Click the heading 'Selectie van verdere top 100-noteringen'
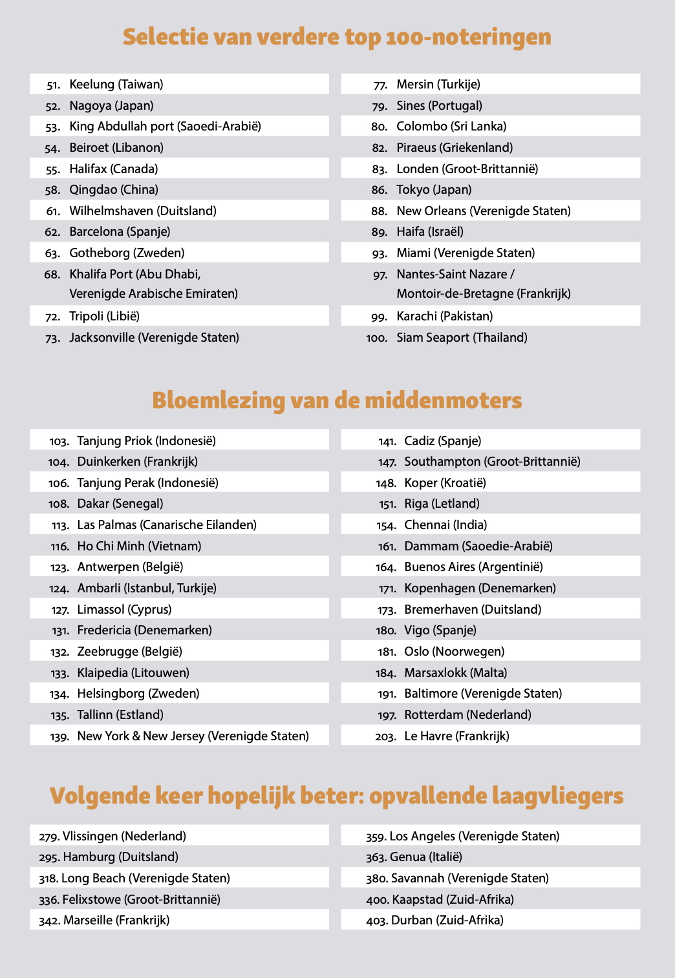[337, 37]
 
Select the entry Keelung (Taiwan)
[116, 85]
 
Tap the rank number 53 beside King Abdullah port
[53, 127]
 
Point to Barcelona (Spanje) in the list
[120, 232]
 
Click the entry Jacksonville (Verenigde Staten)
[154, 338]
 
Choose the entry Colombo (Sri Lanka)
[451, 127]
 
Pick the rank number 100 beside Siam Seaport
[376, 338]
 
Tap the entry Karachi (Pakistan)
[444, 317]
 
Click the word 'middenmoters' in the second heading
[443, 401]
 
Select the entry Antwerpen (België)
[130, 567]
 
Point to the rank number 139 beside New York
[59, 736]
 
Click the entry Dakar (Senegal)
[120, 504]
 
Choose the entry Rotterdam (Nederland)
[467, 715]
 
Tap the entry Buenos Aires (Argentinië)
[473, 567]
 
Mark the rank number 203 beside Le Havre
[385, 736]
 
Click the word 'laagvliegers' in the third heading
[557, 796]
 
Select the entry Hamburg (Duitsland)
[120, 857]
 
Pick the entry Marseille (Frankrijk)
[116, 921]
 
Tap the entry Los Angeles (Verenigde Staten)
[474, 837]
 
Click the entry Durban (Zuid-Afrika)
[447, 921]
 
